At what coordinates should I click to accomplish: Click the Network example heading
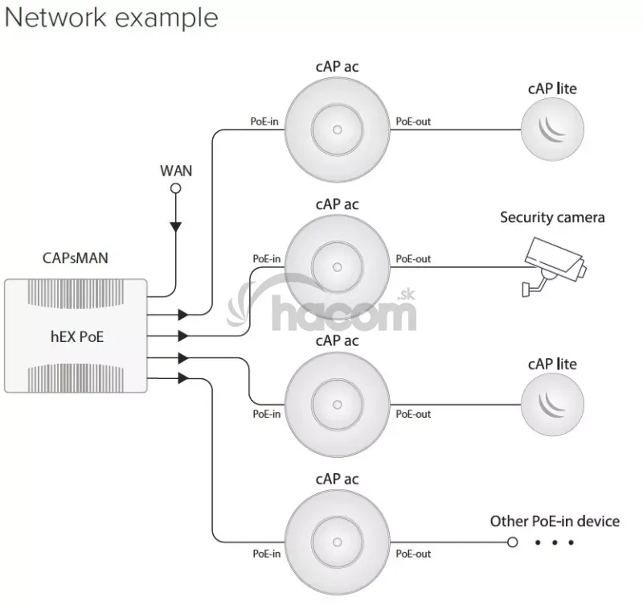(111, 18)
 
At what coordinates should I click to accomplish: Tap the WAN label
(176, 171)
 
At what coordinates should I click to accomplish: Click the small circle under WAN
(176, 188)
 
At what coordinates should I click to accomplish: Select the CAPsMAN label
(75, 258)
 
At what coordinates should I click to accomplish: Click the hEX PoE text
(76, 336)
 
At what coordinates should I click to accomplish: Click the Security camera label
(552, 217)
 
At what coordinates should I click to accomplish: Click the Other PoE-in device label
(555, 521)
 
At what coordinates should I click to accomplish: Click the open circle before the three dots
(512, 542)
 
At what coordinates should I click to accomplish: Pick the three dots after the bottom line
(555, 542)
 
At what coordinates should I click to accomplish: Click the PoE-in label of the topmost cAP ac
(266, 122)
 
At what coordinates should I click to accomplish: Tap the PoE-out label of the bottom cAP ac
(413, 554)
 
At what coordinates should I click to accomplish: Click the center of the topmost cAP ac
(336, 129)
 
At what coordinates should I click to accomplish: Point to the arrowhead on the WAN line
(176, 226)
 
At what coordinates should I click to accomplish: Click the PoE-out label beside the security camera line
(413, 259)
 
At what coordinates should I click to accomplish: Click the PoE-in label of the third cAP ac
(266, 414)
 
